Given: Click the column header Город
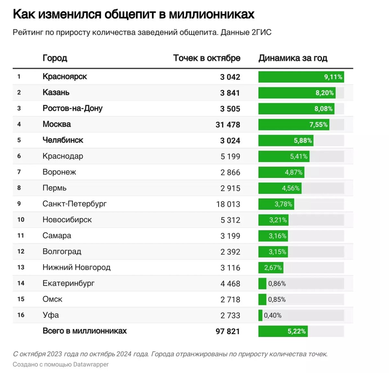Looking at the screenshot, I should click(55, 58).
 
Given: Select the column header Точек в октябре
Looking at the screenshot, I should click(206, 58).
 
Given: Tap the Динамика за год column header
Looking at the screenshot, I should click(293, 58).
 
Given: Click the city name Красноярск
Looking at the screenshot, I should click(65, 77).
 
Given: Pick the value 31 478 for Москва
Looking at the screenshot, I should click(228, 125).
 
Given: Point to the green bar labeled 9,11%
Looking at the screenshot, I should click(301, 77).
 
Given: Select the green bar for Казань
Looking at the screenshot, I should click(297, 93).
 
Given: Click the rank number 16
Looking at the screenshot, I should click(21, 315).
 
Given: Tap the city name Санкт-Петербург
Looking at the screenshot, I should click(74, 204).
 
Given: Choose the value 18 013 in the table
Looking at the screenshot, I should click(228, 204).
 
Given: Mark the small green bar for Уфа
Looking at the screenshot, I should click(260, 315).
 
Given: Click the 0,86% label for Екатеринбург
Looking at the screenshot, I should click(277, 283).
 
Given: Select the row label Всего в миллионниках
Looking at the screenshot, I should click(85, 331).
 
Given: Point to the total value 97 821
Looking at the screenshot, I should click(228, 331).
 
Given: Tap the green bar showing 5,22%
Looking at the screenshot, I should click(283, 331).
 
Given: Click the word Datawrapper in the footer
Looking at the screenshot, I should click(91, 364).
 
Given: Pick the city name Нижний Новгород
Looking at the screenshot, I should click(76, 267).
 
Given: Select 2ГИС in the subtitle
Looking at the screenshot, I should click(261, 32).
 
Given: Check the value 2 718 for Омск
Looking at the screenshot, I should click(230, 299).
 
